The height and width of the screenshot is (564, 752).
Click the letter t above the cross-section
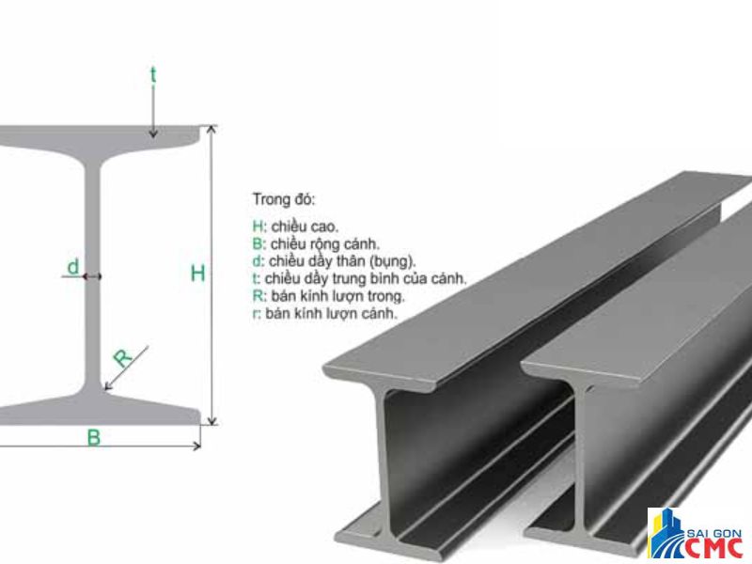pos(153,74)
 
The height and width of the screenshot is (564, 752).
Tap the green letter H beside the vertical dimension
pos(197,274)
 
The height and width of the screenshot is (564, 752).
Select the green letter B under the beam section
pos(94,437)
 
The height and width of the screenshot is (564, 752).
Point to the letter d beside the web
pos(72,267)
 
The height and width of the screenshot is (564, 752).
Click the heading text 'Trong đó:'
pos(284,199)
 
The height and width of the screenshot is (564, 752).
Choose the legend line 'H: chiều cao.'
pos(295,227)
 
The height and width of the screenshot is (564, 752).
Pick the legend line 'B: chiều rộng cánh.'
pos(316,243)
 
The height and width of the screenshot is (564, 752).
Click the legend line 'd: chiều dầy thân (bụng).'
pos(334,260)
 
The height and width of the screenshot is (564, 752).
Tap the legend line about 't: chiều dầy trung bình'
pos(359,278)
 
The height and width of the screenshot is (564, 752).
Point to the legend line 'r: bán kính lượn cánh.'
pos(324,313)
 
